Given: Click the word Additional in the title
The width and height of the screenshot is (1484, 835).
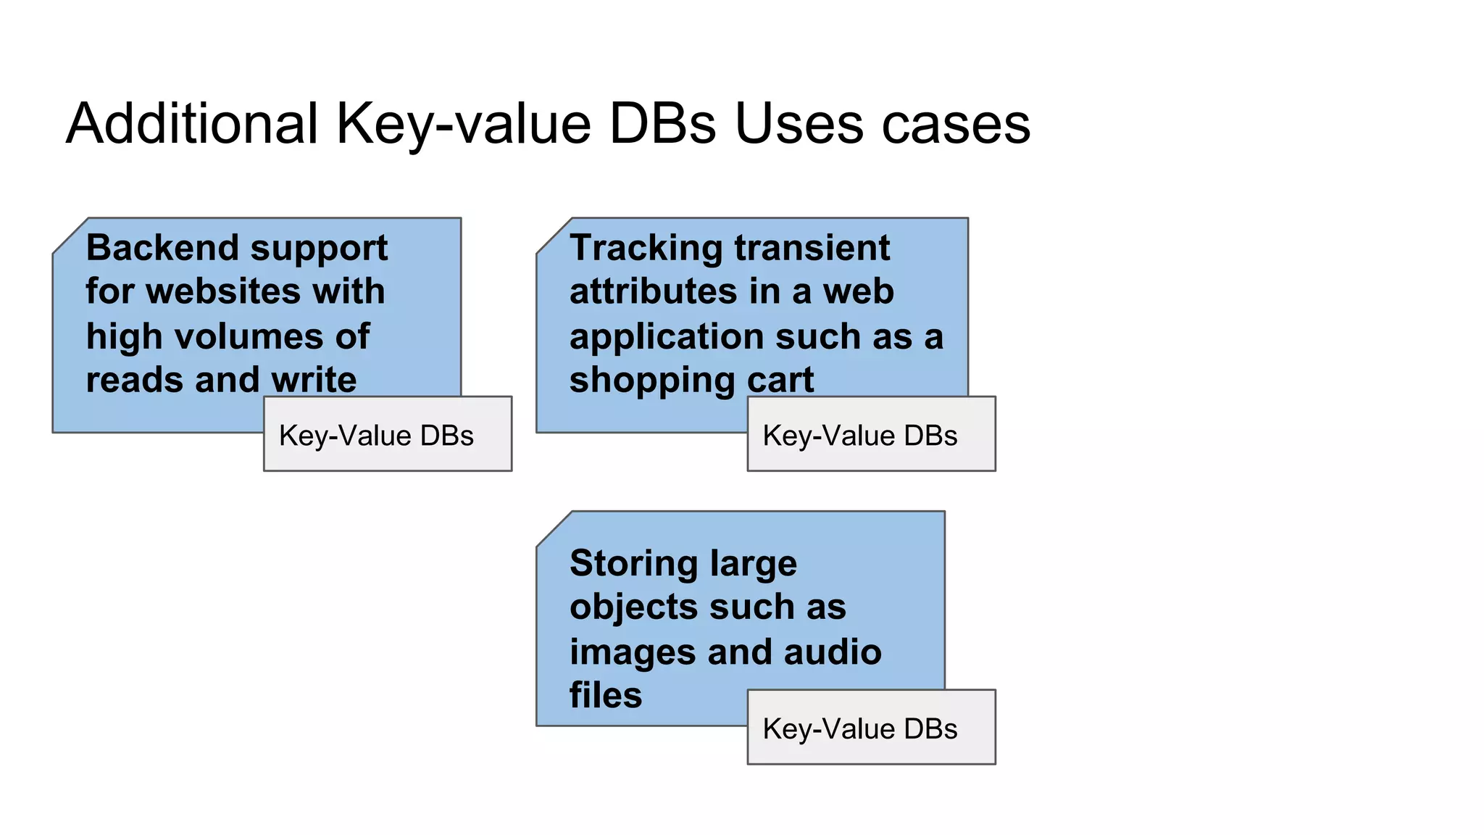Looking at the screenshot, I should [192, 124].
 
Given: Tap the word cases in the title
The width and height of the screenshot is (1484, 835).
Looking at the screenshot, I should [956, 124].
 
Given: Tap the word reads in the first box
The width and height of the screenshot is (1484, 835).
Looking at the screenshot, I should [134, 380].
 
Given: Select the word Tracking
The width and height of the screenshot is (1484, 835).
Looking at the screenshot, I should [646, 248].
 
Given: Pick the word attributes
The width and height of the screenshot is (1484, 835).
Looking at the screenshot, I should [653, 291].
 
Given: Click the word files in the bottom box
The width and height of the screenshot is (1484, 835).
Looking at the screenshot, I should [606, 695].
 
